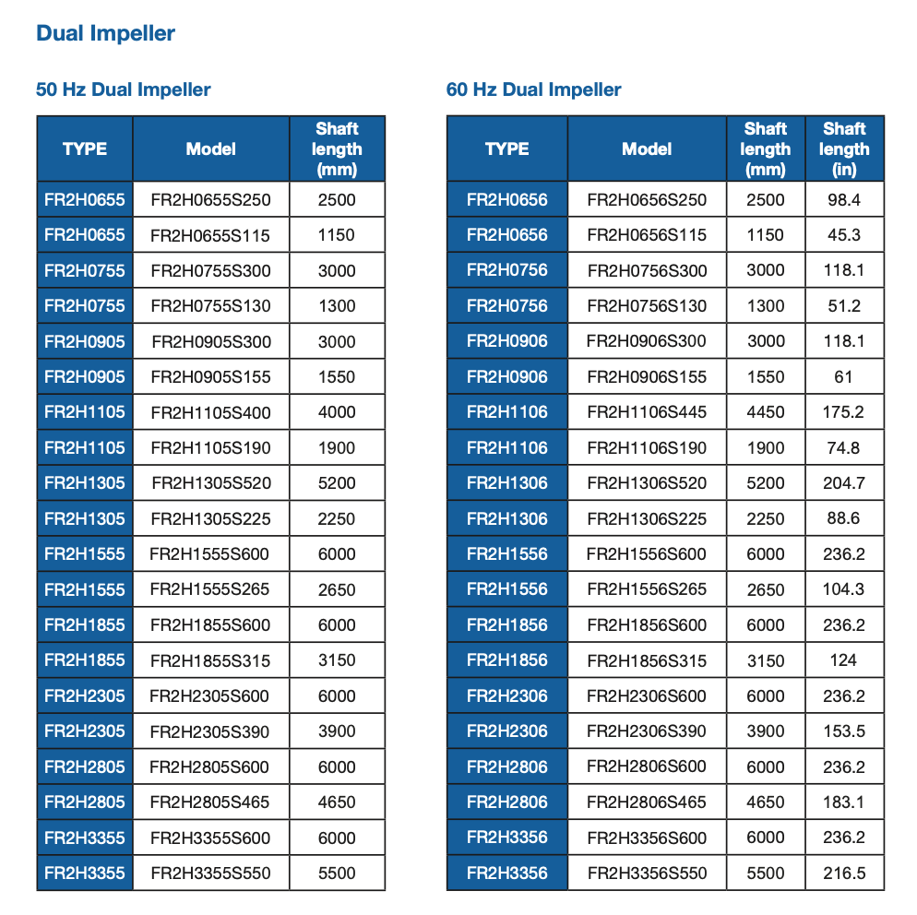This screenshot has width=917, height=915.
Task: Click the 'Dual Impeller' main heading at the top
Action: pyautogui.click(x=105, y=34)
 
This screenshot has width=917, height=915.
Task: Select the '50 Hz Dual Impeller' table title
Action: pyautogui.click(x=123, y=89)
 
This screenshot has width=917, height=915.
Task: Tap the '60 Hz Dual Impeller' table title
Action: pyautogui.click(x=533, y=89)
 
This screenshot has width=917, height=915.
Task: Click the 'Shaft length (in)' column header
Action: pyautogui.click(x=843, y=149)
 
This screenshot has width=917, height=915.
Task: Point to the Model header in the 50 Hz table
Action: pyautogui.click(x=210, y=149)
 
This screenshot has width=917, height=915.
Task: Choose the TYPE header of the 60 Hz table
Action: pyautogui.click(x=506, y=149)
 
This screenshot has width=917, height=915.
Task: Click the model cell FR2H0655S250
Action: pyautogui.click(x=210, y=199)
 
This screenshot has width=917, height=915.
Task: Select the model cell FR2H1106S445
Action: pyautogui.click(x=647, y=412)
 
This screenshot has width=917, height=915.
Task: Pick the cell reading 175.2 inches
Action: pyautogui.click(x=843, y=412)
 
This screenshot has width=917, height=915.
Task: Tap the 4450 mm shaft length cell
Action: pyautogui.click(x=765, y=412)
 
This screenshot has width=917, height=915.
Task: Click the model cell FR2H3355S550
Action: pyautogui.click(x=210, y=873)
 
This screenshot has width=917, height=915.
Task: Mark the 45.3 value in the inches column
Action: pyautogui.click(x=843, y=235)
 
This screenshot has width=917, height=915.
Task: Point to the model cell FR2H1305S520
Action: pyautogui.click(x=210, y=483)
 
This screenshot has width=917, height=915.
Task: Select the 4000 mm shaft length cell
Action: pyautogui.click(x=336, y=412)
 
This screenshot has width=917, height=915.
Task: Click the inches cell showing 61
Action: pyautogui.click(x=843, y=377)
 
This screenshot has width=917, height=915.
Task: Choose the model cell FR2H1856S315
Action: pyautogui.click(x=647, y=660)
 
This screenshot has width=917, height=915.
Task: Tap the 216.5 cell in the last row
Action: pyautogui.click(x=843, y=873)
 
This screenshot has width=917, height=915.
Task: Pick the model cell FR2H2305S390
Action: pyautogui.click(x=210, y=731)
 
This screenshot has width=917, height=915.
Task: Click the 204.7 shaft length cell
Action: pyautogui.click(x=843, y=483)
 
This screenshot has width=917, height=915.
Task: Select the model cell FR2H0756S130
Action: pyautogui.click(x=647, y=306)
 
